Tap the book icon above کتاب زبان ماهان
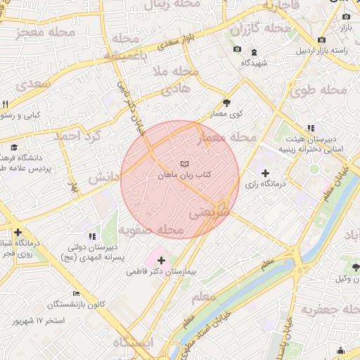click(x=185, y=164)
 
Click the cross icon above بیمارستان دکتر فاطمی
click(x=161, y=260)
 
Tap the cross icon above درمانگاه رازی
click(x=264, y=173)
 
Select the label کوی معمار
click(x=226, y=113)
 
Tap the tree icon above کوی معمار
click(x=226, y=103)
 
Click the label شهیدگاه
click(x=254, y=62)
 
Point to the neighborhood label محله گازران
click(x=261, y=29)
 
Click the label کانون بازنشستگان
click(x=76, y=304)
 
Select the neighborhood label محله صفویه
click(x=150, y=230)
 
